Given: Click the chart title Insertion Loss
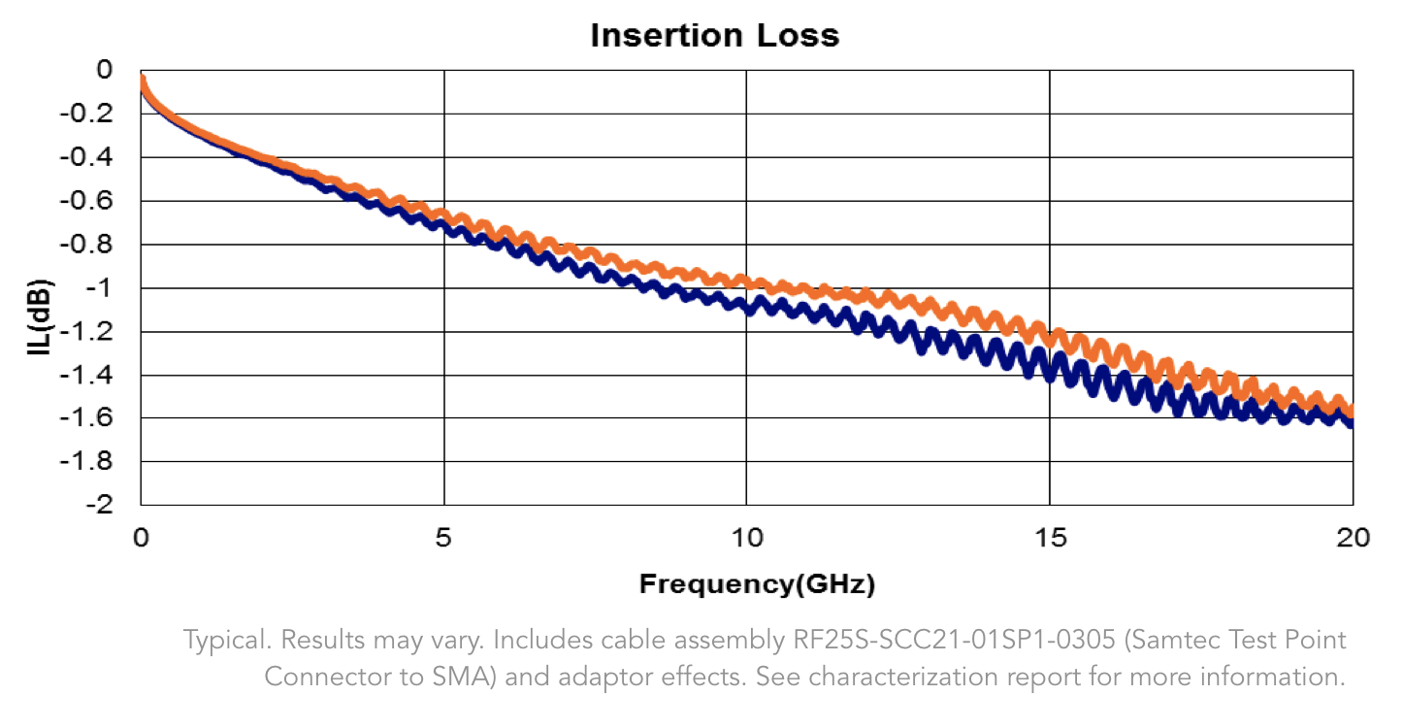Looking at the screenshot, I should point(714,36).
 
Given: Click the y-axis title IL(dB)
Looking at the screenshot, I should point(40,317).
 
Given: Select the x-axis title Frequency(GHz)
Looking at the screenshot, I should point(757,584).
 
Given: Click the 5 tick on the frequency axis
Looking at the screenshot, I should point(443,537).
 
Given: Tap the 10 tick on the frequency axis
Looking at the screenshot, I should point(746,537).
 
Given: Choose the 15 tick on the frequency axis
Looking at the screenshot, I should point(1049,537).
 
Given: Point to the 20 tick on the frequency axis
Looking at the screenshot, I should point(1351,537).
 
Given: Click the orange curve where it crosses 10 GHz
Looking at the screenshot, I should point(746,281).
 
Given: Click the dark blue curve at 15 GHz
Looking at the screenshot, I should point(1049,370).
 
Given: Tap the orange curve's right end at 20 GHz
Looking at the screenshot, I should point(1350,411).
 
